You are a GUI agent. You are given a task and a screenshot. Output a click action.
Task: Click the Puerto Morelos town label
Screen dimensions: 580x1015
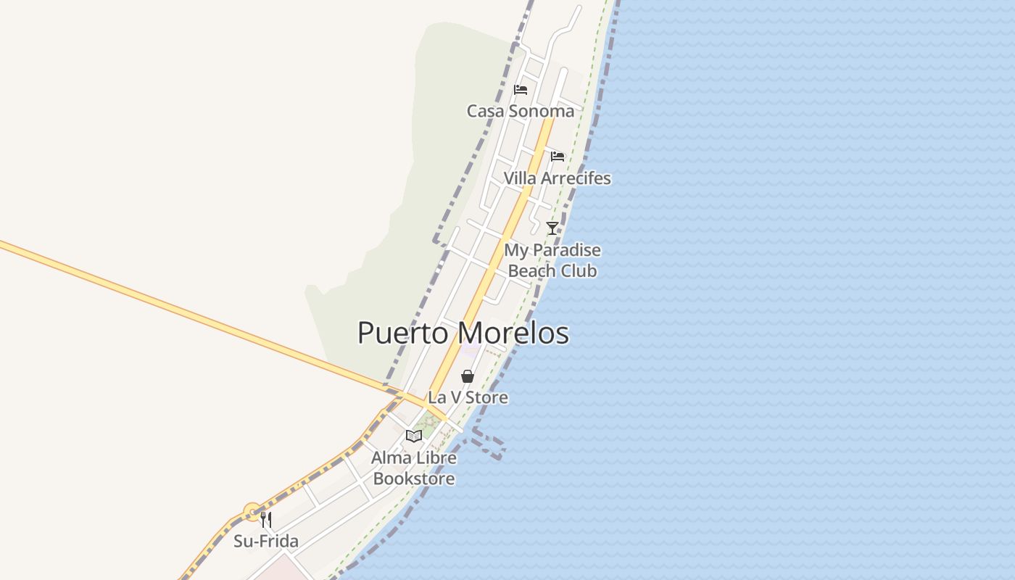pos(463,333)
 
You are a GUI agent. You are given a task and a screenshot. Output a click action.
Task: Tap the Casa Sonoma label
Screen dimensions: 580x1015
pos(520,111)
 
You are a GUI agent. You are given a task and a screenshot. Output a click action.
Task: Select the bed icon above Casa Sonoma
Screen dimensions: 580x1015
pos(520,90)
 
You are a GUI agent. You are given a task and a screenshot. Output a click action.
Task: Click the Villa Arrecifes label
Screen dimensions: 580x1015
pos(557,178)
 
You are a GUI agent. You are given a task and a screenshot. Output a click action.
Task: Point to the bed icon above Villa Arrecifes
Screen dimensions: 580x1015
pos(557,157)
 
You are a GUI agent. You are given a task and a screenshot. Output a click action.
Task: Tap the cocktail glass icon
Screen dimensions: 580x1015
pos(552,228)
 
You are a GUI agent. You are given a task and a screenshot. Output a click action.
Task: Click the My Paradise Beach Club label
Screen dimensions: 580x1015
pos(552,260)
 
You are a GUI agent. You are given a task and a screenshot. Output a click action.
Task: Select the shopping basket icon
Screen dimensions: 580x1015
pos(468,376)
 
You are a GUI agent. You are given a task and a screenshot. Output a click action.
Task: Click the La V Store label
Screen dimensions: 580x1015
pos(468,397)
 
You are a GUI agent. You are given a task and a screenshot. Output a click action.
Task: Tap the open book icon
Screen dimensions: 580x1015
pos(414,436)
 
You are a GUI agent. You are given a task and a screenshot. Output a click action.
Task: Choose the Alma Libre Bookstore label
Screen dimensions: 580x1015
pos(414,468)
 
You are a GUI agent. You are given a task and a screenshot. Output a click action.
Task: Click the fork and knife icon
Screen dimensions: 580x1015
pos(266,520)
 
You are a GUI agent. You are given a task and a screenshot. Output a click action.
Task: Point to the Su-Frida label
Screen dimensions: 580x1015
pos(266,541)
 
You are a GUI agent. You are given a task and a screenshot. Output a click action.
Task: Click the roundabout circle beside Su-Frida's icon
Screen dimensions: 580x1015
pos(252,513)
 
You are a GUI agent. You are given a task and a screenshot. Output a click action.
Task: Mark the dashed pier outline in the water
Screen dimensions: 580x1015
pos(489,444)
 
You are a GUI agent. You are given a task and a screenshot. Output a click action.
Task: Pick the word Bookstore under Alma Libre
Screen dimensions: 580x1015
pos(414,478)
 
